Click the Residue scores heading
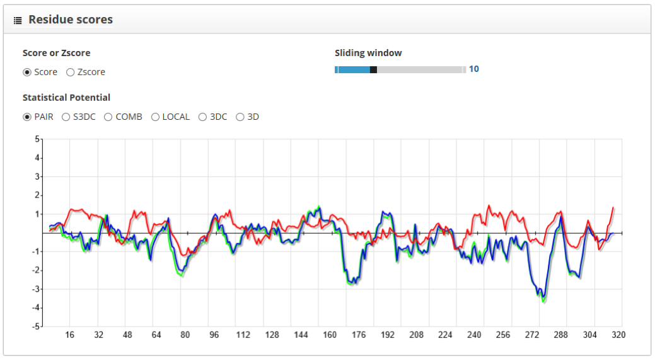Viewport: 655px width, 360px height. click(71, 20)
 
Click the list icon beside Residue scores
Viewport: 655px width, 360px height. click(18, 20)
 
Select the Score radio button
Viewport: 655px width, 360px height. click(27, 73)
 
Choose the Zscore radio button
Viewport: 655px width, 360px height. click(70, 73)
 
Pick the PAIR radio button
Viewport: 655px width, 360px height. click(27, 117)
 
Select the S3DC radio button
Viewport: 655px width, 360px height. click(66, 117)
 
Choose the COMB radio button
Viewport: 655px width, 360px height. click(108, 117)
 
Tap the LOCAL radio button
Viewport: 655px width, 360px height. click(155, 117)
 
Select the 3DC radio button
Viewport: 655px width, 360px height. click(202, 117)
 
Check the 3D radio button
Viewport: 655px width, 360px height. click(240, 117)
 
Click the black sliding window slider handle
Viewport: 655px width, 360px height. click(373, 70)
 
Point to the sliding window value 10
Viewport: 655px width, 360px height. click(473, 69)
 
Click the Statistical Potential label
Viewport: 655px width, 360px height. click(66, 98)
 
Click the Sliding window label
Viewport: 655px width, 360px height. click(368, 53)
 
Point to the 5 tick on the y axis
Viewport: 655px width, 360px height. click(37, 139)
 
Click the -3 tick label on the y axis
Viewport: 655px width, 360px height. click(37, 289)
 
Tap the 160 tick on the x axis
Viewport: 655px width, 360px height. click(330, 335)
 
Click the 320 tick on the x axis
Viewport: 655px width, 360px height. click(618, 335)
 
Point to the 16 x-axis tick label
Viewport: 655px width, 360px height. click(70, 335)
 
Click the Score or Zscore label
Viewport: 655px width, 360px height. click(56, 53)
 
